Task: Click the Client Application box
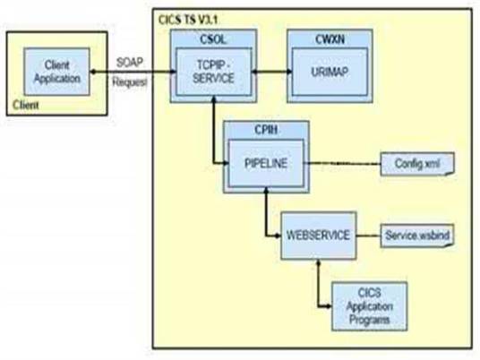57,72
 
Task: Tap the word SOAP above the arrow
130,63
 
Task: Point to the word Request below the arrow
130,81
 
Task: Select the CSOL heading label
213,39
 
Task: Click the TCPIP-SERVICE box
214,72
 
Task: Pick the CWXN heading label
330,39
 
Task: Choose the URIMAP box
330,72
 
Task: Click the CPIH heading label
266,130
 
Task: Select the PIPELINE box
266,163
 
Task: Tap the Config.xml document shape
417,164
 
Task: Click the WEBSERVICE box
319,236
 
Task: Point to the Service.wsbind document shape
417,236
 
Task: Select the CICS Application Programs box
370,306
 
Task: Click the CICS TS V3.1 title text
188,20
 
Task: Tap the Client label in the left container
26,106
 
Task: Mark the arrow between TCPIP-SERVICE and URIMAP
271,72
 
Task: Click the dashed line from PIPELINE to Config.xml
342,164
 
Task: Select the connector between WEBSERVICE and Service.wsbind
368,236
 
